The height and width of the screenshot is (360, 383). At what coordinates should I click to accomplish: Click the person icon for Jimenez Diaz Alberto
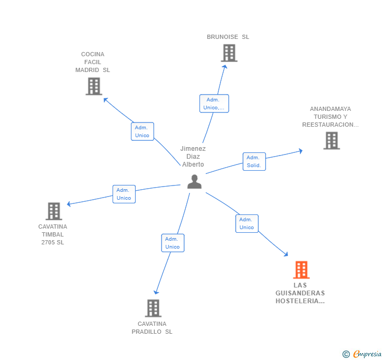(194, 182)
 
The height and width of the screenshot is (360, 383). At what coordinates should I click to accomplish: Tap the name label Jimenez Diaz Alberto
(193, 157)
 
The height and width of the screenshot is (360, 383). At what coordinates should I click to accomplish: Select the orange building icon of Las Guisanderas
(301, 270)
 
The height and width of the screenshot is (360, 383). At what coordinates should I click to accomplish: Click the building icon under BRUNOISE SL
(229, 53)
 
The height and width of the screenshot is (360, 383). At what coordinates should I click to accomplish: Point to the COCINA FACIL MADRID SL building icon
(94, 86)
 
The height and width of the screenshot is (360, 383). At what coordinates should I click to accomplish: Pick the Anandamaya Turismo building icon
(331, 141)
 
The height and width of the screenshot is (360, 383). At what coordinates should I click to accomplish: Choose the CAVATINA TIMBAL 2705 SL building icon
(54, 211)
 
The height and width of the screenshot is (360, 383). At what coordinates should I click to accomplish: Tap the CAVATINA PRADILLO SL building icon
(153, 308)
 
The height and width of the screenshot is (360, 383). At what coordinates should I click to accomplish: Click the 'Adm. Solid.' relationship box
(254, 162)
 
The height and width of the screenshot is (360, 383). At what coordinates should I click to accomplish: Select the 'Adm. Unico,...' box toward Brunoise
(214, 104)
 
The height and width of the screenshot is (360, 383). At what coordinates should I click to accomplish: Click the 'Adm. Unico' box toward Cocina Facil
(142, 131)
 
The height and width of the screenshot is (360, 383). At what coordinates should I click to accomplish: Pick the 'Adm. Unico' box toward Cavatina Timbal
(124, 194)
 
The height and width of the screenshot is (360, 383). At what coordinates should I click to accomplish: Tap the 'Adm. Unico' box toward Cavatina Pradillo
(173, 243)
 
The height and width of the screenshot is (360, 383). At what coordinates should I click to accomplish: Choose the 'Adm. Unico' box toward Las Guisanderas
(246, 223)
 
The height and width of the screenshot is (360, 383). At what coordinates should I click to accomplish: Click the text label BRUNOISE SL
(228, 37)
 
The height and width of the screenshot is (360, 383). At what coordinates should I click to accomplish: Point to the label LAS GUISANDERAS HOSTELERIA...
(300, 293)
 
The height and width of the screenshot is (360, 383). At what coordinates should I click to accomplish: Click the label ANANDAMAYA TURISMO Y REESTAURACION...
(330, 117)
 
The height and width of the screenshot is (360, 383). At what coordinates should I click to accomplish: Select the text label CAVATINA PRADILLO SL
(152, 328)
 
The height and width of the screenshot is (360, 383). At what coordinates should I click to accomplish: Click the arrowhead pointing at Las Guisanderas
(286, 254)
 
